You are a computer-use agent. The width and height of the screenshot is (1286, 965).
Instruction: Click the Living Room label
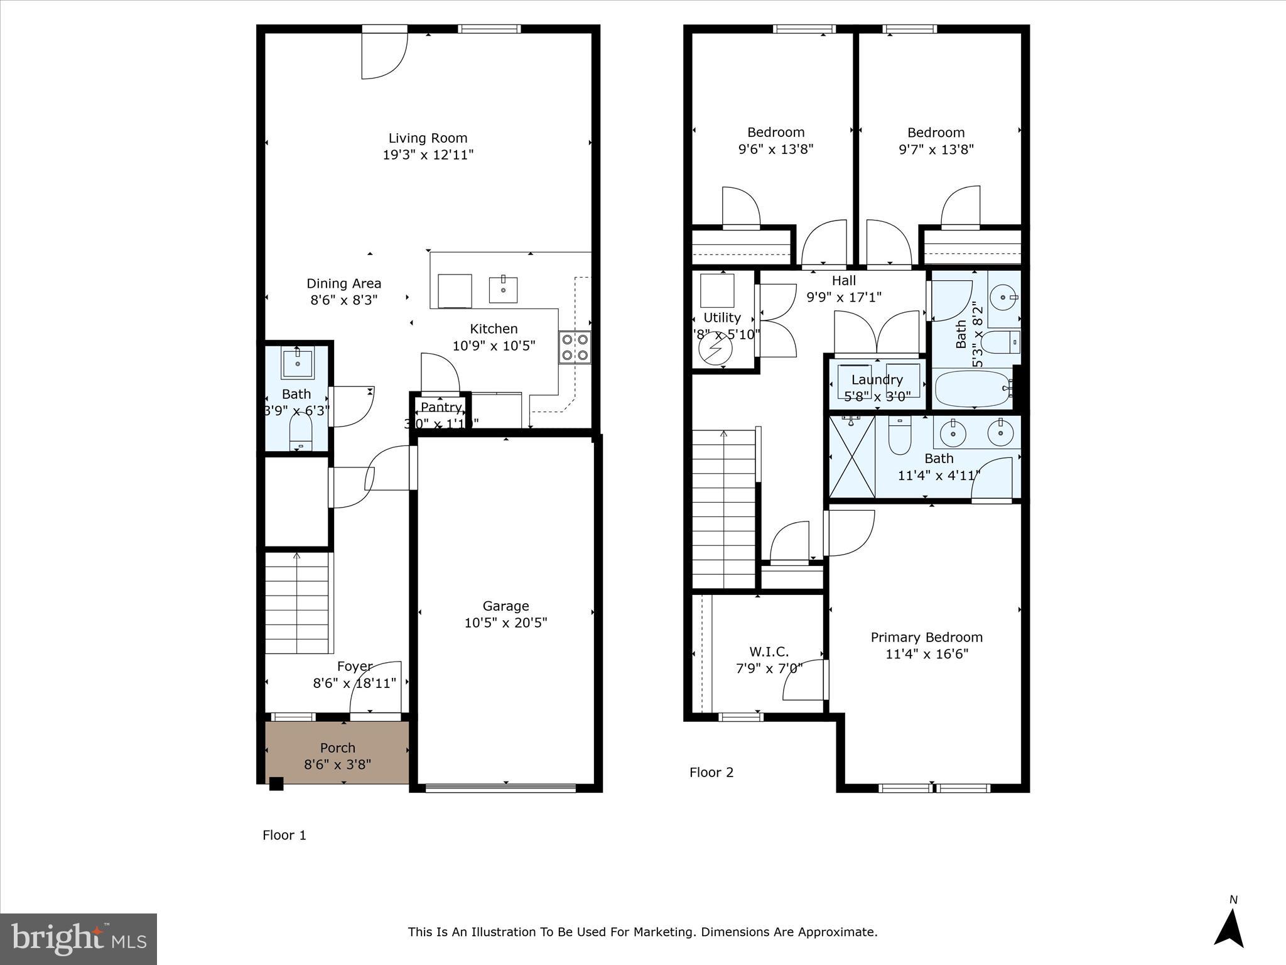[x=428, y=138]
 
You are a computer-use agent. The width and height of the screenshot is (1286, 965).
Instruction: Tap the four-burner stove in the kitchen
[x=575, y=347]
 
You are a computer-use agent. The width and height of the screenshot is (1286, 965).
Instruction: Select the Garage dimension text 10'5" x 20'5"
[x=505, y=623]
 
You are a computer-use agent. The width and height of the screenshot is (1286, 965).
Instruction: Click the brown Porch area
[x=337, y=752]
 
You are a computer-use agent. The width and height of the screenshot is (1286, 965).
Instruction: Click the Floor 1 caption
[x=284, y=835]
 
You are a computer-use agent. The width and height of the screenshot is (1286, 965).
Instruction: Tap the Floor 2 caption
[x=711, y=772]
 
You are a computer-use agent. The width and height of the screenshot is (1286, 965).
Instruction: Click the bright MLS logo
[x=78, y=939]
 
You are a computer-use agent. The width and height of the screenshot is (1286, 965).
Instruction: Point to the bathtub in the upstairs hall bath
[x=972, y=389]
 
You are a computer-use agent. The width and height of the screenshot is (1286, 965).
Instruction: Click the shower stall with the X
[x=851, y=456]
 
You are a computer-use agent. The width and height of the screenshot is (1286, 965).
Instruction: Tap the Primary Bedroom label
[x=926, y=637]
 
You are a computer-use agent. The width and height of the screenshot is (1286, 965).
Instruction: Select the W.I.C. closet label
[x=769, y=652]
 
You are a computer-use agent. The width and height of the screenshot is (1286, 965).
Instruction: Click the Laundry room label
[x=877, y=379]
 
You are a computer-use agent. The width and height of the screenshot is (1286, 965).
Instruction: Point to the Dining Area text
[x=343, y=283]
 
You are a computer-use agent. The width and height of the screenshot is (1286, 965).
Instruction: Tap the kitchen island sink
[x=503, y=290]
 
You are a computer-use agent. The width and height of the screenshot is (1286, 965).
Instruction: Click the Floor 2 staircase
[x=723, y=509]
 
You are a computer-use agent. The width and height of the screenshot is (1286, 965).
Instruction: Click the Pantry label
[x=441, y=407]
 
